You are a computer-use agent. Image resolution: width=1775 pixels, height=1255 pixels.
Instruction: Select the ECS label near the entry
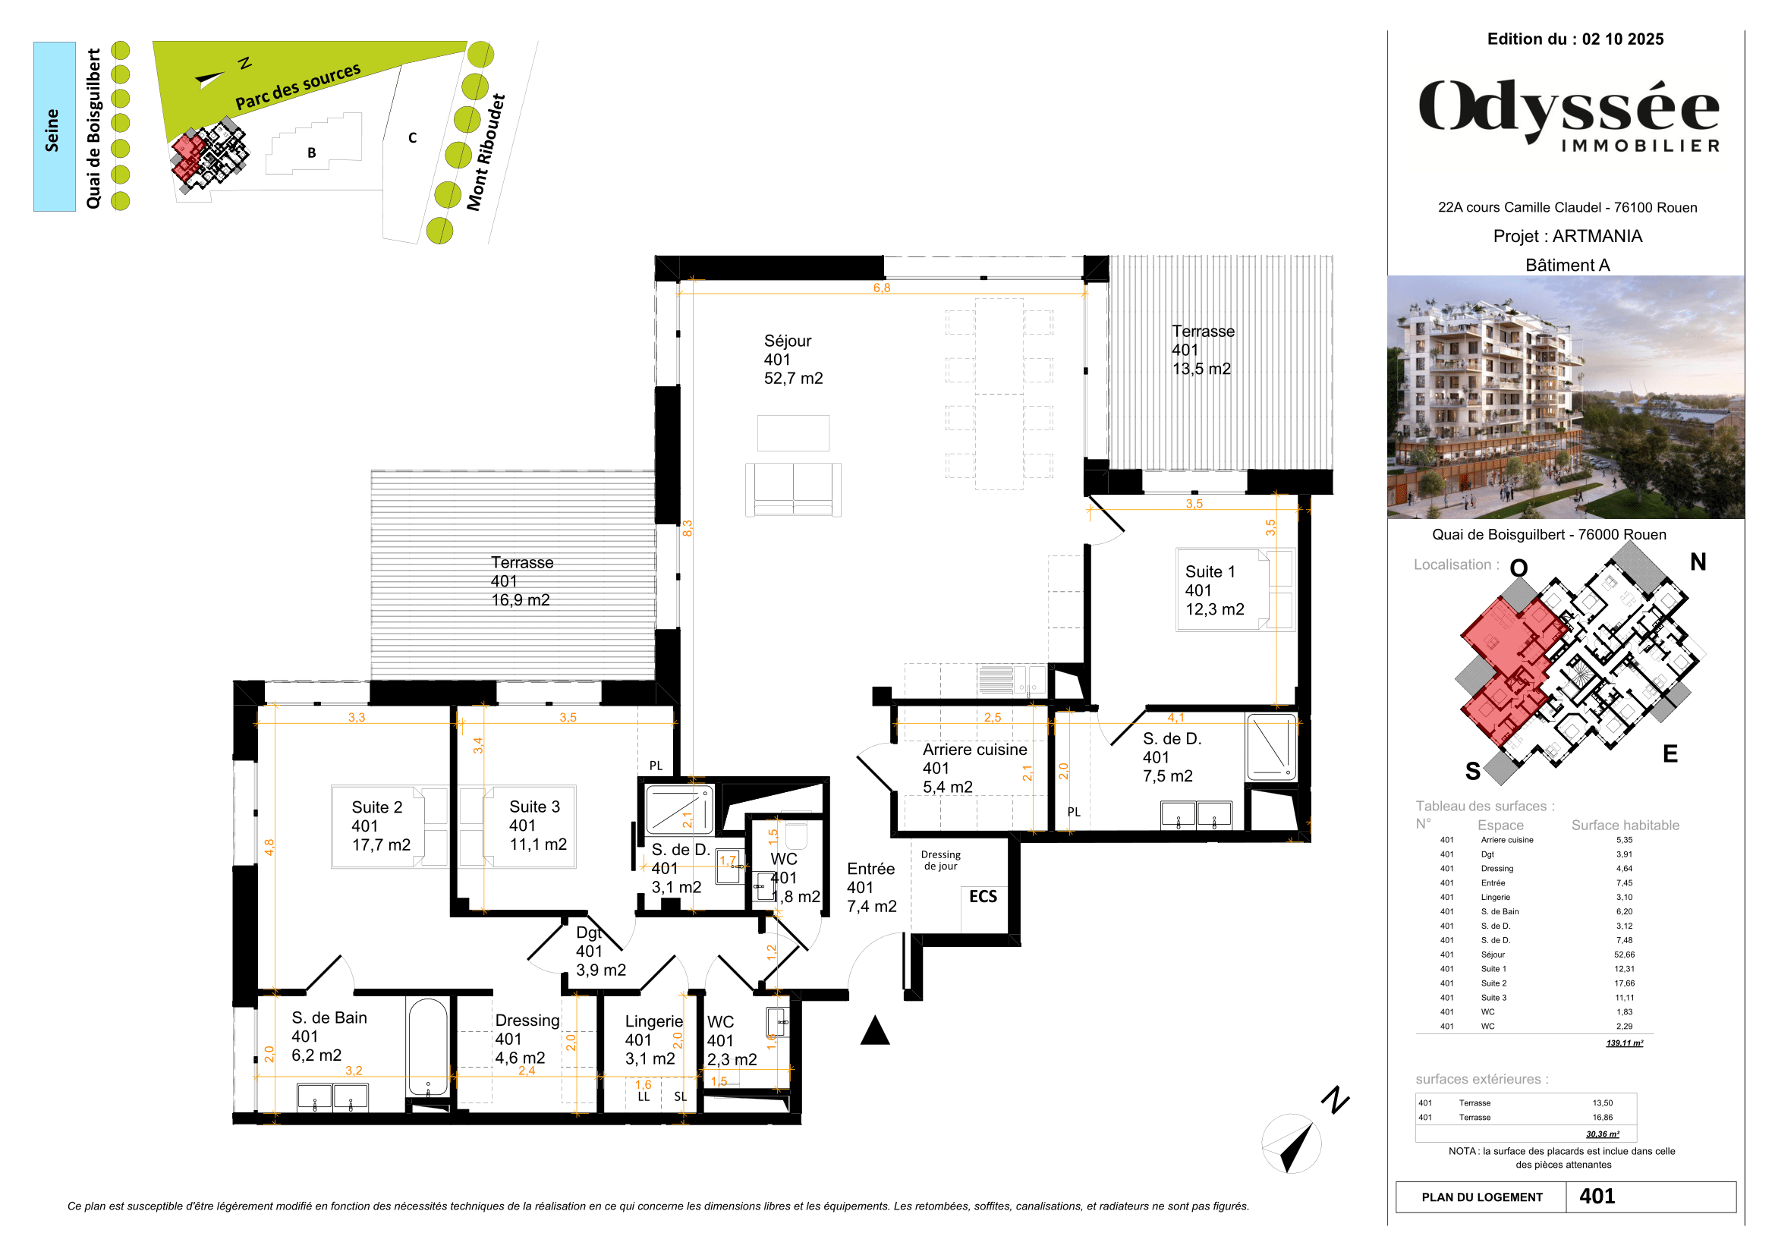(x=983, y=896)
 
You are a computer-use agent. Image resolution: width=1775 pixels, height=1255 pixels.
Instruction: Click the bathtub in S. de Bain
(x=426, y=1047)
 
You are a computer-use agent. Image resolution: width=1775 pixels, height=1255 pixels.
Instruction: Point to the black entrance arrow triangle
(x=874, y=1032)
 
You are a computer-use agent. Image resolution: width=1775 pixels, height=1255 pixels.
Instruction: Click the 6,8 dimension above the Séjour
(x=881, y=288)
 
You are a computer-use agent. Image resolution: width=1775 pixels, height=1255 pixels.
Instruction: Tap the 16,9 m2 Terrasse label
(x=522, y=581)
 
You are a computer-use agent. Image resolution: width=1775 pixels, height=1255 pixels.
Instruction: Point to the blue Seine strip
(x=54, y=127)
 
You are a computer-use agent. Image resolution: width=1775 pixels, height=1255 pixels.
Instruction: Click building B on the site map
(x=312, y=153)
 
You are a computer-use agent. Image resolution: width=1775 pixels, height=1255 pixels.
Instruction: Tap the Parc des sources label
(x=297, y=86)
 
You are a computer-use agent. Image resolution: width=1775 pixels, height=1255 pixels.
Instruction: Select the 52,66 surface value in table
(x=1623, y=955)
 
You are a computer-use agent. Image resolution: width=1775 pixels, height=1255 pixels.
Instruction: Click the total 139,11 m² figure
(x=1623, y=1043)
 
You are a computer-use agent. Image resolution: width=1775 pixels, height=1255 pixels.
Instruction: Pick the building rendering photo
(x=1565, y=396)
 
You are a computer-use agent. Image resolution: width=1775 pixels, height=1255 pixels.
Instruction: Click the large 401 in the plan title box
(x=1597, y=1197)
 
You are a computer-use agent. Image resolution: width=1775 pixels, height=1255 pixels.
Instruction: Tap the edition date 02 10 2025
(x=1622, y=39)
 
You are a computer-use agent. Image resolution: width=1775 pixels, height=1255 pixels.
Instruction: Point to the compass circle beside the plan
(x=1290, y=1143)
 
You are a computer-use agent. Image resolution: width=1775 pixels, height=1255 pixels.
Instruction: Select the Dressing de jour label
(x=940, y=860)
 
